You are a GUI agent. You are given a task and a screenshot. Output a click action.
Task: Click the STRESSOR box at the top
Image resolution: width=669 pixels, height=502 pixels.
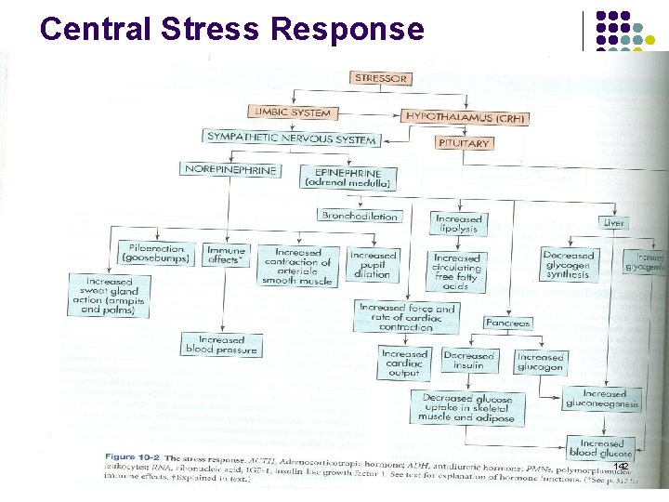coord(381,79)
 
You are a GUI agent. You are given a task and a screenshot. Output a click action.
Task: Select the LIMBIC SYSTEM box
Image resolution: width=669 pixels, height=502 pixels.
coord(291,112)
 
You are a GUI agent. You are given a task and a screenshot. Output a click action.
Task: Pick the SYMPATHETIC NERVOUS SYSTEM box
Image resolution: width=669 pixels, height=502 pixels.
coord(292,139)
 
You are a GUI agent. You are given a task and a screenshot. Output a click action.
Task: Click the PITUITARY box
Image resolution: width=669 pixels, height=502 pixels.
coord(464,144)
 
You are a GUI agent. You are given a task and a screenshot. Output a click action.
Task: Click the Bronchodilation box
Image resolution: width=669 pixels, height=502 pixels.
coord(360,216)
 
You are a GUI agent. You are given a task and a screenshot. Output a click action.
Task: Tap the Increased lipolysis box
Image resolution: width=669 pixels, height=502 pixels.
coord(457,224)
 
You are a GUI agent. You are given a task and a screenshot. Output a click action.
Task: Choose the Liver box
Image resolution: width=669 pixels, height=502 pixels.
coord(614,223)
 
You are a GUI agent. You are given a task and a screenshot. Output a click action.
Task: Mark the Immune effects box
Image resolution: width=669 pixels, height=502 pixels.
coord(226,256)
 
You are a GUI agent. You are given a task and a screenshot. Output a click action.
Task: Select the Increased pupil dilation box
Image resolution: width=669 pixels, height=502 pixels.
coord(373,262)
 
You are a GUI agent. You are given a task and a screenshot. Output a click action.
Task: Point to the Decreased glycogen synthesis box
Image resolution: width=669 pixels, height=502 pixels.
coord(569,263)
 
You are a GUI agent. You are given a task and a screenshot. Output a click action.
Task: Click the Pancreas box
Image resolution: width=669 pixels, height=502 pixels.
coord(507,324)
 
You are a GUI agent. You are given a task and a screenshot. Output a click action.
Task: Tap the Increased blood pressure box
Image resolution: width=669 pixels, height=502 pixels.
coord(221,345)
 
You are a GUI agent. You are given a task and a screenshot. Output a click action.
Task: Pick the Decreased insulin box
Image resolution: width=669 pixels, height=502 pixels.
coord(468,361)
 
